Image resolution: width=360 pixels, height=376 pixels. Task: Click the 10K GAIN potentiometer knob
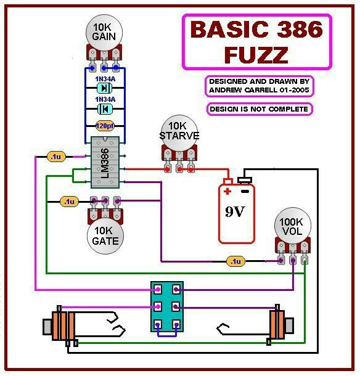pos(104,33)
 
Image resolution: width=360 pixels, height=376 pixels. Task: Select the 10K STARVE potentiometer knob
pos(179,133)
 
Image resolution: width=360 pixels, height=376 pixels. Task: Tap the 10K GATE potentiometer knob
pos(105,236)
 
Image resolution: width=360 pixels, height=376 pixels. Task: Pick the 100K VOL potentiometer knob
pos(293,226)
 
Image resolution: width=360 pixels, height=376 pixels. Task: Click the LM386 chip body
pos(105,162)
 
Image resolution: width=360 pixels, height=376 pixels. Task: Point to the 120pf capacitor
pos(105,126)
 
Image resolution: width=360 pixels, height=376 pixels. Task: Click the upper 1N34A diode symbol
pos(105,88)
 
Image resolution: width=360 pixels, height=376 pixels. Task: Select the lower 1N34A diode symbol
pos(105,109)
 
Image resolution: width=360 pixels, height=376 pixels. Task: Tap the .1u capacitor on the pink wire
pos(56,157)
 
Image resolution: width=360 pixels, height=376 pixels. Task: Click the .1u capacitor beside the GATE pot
pos(69,202)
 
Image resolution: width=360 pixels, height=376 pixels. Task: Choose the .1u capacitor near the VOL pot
pos(235,261)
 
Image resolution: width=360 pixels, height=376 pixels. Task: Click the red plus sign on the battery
pos(227,191)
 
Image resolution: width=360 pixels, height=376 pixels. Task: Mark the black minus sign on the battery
pos(245,191)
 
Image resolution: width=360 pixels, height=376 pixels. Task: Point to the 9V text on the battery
pos(235,211)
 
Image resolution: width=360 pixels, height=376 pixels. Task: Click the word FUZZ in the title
pos(256,55)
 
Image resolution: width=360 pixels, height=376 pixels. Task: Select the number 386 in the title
pos(301,29)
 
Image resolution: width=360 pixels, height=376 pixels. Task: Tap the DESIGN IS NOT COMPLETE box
pos(260,109)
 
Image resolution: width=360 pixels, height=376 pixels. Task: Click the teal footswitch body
pos(167,307)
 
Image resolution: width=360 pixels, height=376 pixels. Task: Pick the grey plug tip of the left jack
pos(47,327)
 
